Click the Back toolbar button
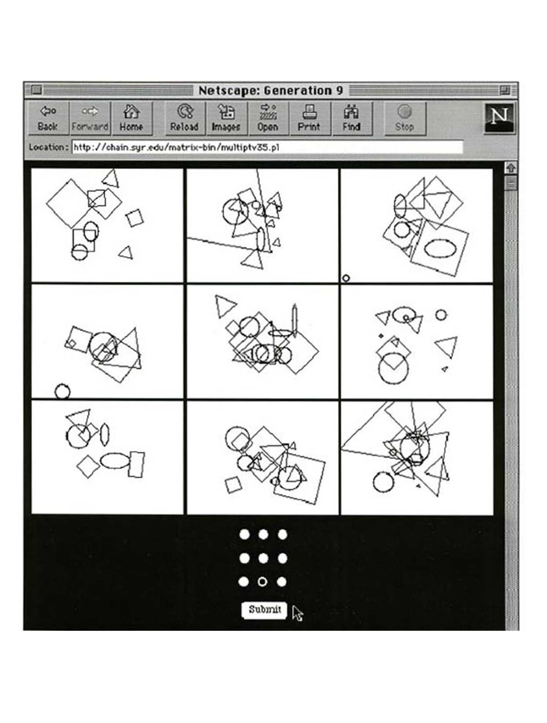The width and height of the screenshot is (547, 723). point(48,118)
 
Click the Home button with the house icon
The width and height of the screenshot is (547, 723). point(131,118)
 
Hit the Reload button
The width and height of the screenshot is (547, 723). point(185,118)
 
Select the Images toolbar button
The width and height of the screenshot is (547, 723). point(226,118)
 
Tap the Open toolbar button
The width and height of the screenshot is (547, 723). point(268,118)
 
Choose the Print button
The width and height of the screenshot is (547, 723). point(309,118)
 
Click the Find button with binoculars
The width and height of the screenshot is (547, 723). point(352,118)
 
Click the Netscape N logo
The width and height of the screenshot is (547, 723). point(499,118)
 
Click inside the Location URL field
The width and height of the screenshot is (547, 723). point(268,147)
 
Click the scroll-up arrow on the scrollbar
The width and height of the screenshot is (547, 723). point(511,168)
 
